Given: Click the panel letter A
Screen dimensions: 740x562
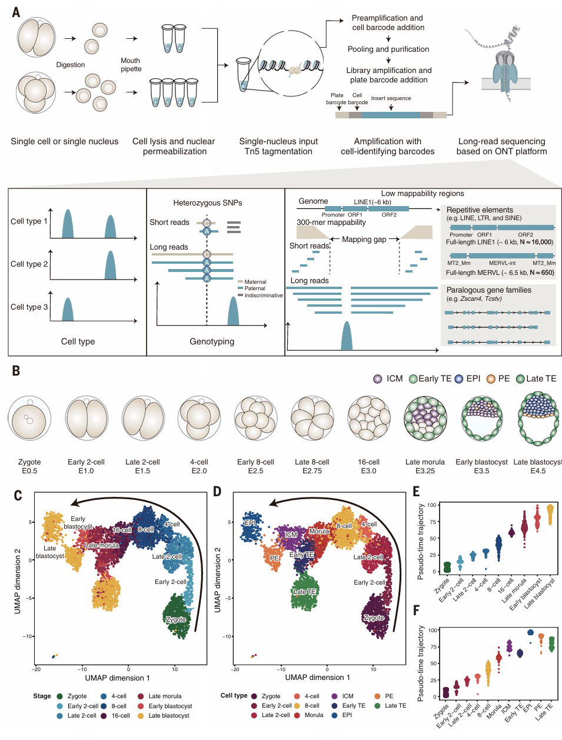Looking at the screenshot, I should click(x=16, y=12).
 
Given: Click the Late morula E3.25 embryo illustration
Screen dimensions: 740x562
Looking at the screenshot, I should click(x=425, y=419).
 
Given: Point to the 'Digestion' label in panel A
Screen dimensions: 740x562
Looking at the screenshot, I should click(x=71, y=65).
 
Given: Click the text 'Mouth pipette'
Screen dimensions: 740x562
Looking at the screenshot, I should click(x=131, y=65).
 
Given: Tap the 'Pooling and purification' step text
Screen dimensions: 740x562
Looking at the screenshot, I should click(x=388, y=49).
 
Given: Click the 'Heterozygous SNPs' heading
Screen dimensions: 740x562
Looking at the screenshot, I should click(x=208, y=203).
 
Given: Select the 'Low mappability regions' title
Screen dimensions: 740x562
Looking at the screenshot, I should click(x=423, y=194).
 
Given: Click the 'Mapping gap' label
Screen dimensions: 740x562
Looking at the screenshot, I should click(x=364, y=240).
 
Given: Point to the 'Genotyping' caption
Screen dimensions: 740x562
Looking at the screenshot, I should click(x=212, y=341).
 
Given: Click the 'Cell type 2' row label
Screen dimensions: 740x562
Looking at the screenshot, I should click(x=29, y=264).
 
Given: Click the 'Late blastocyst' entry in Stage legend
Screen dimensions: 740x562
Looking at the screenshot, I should click(x=168, y=716).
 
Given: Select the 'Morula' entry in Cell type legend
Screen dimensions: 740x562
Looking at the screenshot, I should click(x=314, y=715).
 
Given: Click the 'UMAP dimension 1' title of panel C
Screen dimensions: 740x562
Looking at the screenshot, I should click(x=117, y=678).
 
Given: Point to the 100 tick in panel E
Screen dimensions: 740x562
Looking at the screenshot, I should click(x=432, y=505).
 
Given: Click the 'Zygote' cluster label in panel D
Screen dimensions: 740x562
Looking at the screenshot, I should click(x=374, y=618).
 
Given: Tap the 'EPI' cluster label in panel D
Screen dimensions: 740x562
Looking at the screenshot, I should click(x=250, y=523).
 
